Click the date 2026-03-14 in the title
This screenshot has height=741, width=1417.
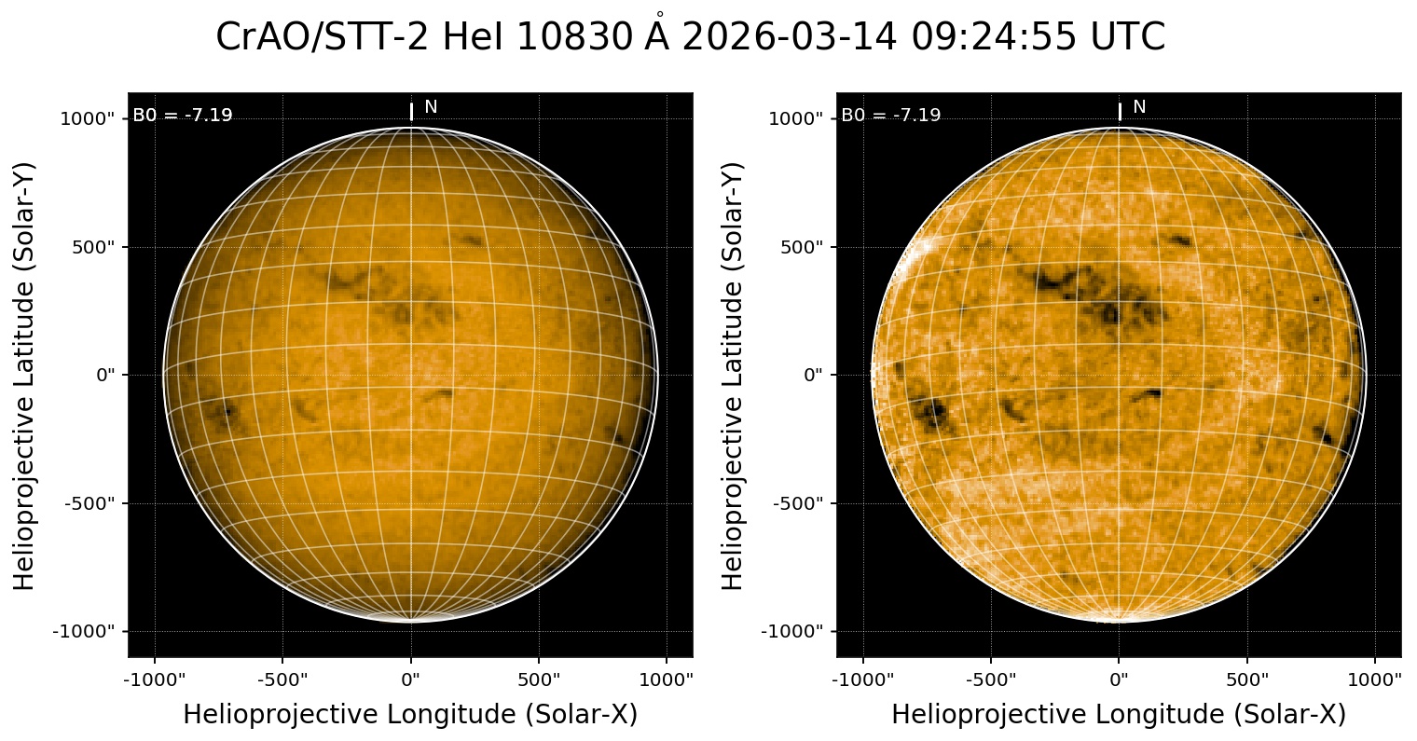coord(790,38)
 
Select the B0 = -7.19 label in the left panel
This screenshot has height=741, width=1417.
coord(183,116)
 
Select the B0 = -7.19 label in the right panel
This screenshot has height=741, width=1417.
coord(891,116)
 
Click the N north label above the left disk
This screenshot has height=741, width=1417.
coord(431,107)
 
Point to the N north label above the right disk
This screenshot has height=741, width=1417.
coord(1139,107)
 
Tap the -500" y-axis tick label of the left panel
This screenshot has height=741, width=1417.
coord(92,503)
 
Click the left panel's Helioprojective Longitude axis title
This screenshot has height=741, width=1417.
coord(410,715)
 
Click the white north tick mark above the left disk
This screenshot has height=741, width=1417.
coord(411,112)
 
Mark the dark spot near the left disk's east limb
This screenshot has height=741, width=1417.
coord(226,410)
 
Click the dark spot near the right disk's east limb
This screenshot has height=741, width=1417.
coord(933,412)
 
